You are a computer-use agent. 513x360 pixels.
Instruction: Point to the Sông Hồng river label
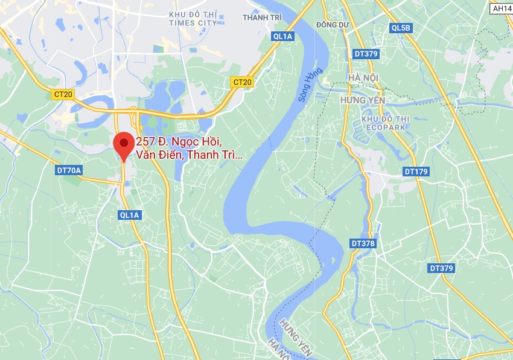[x=311, y=88]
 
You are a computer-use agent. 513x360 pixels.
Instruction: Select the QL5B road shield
[x=401, y=28]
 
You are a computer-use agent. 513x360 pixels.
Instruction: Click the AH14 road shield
[x=501, y=8]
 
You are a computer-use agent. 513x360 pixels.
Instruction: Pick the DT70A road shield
[x=69, y=170]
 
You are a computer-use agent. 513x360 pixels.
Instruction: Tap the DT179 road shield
[x=416, y=172]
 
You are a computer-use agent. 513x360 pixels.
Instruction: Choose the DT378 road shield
[x=362, y=243]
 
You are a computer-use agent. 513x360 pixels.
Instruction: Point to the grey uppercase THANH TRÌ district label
[x=262, y=18]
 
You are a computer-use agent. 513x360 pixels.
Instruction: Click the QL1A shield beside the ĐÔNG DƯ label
[x=282, y=36]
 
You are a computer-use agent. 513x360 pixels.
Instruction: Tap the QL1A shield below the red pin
[x=130, y=214]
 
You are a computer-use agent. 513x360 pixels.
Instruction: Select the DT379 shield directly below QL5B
[x=366, y=54]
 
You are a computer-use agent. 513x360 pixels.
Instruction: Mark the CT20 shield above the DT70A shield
[x=63, y=94]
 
